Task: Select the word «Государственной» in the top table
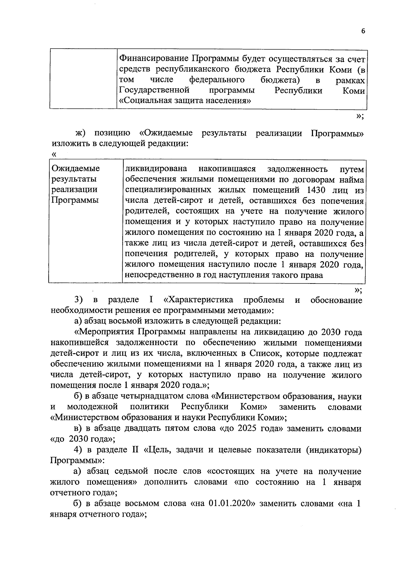point(154,90)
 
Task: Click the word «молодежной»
point(93,407)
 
